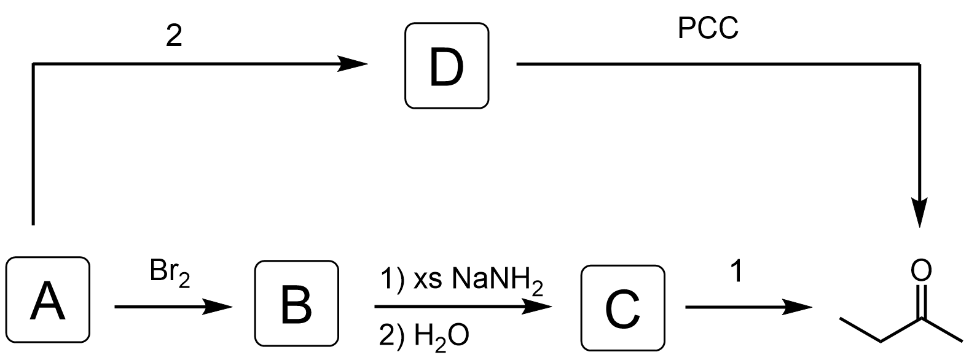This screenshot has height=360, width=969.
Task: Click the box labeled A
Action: tap(48, 300)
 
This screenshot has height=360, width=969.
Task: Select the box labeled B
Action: tap(296, 302)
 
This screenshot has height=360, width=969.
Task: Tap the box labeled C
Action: tap(623, 306)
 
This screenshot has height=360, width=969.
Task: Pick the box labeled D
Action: tap(447, 66)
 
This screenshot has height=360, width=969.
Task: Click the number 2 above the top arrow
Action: tap(174, 38)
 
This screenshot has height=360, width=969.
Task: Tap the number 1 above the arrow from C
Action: tap(737, 272)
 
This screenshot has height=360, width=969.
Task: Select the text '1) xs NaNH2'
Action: tap(461, 281)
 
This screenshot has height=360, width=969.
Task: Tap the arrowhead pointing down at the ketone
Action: tap(920, 213)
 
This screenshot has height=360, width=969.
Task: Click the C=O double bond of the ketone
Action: tap(920, 302)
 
